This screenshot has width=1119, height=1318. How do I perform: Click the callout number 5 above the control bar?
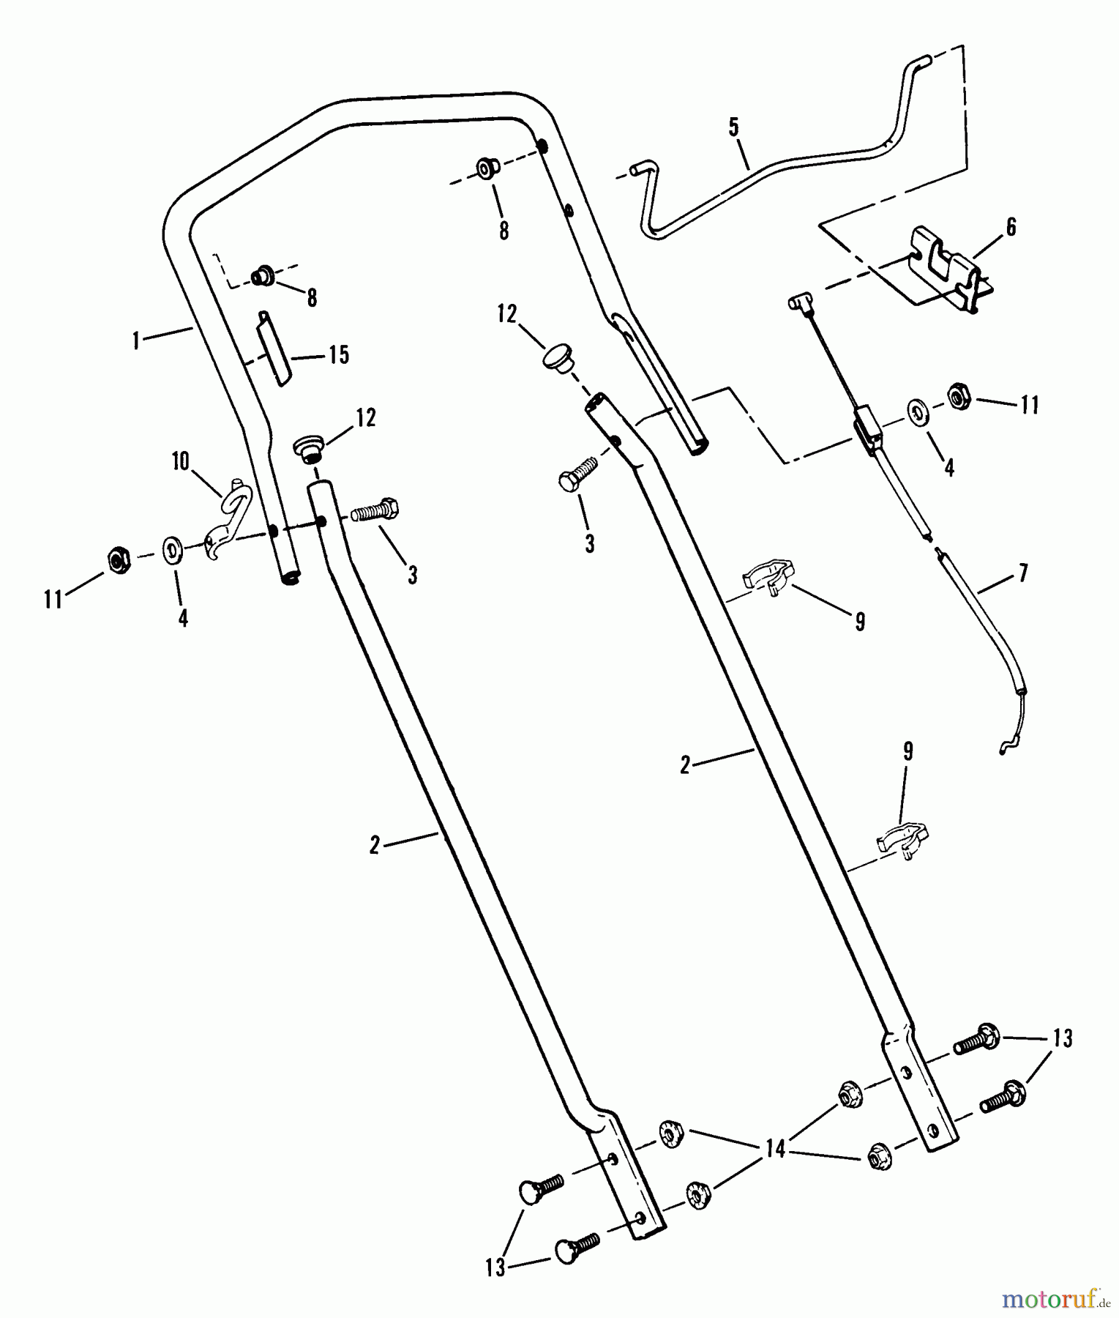(733, 127)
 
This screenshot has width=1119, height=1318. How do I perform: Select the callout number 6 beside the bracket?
(1011, 227)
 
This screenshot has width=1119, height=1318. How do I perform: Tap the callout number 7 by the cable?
(1022, 573)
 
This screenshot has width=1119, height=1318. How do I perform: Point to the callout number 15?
(339, 354)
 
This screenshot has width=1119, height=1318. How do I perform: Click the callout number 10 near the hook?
(180, 461)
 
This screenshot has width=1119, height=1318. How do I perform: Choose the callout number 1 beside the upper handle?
(136, 340)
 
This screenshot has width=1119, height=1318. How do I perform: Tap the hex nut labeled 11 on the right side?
(959, 396)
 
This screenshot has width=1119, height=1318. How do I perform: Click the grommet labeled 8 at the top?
(485, 169)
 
